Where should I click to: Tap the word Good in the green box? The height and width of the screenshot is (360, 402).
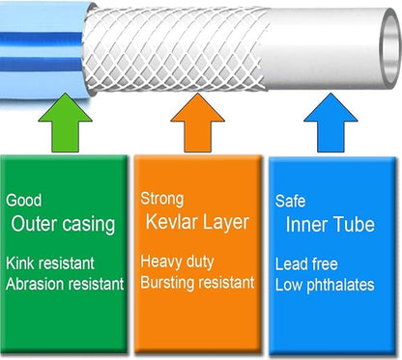pos(23,200)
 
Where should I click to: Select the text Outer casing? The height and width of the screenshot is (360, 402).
pos(64,224)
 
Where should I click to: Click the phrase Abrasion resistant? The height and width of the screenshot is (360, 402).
pos(65,284)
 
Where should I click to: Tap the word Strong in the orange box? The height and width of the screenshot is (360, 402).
pos(161,199)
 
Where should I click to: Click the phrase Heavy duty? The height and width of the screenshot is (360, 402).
pos(178,262)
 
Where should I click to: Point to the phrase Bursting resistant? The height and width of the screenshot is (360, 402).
pos(197,283)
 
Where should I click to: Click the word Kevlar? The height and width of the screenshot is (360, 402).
pos(176,223)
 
